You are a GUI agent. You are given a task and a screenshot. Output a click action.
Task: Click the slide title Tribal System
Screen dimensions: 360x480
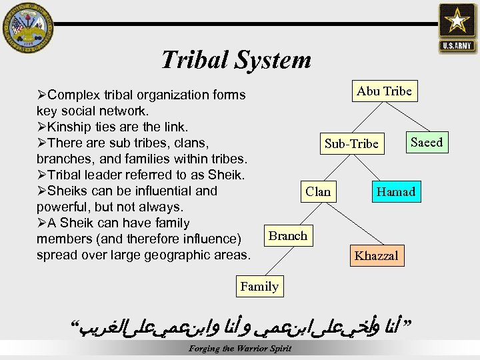click(235, 60)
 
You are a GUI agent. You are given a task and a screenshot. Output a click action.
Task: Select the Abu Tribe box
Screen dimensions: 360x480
click(384, 91)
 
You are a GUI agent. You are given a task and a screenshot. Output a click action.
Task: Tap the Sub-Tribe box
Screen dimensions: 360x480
click(351, 143)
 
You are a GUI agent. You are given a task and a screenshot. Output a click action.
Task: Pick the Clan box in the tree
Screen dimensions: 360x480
click(317, 192)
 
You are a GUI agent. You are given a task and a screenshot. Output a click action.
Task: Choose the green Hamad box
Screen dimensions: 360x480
click(395, 192)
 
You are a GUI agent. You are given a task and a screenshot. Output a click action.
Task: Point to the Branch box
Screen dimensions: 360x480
click(287, 236)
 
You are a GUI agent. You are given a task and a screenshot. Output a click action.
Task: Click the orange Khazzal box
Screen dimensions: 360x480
click(376, 256)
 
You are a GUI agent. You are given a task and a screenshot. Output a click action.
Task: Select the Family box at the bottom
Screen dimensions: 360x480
click(259, 287)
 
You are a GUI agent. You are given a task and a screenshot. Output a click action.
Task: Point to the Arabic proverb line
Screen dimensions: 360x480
click(241, 326)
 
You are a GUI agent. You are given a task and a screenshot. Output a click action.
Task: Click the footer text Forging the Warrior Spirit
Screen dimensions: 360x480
click(240, 349)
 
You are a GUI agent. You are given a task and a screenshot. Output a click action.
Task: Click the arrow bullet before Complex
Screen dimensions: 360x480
click(43, 95)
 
